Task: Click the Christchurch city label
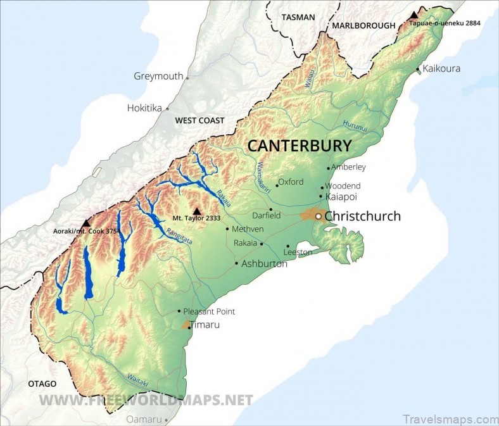(x=362, y=216)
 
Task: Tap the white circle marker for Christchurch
(x=319, y=216)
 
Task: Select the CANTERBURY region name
(x=299, y=145)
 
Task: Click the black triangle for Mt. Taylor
(x=197, y=211)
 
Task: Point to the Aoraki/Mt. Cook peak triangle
(x=85, y=223)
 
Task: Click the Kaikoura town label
(x=441, y=68)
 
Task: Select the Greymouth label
(x=158, y=76)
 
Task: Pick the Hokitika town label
(x=144, y=108)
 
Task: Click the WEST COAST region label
(x=199, y=120)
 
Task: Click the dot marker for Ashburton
(x=236, y=263)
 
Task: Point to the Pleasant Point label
(x=209, y=311)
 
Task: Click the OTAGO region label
(x=42, y=384)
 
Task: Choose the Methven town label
(x=248, y=229)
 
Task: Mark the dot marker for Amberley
(x=329, y=168)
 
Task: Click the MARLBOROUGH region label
(x=363, y=26)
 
